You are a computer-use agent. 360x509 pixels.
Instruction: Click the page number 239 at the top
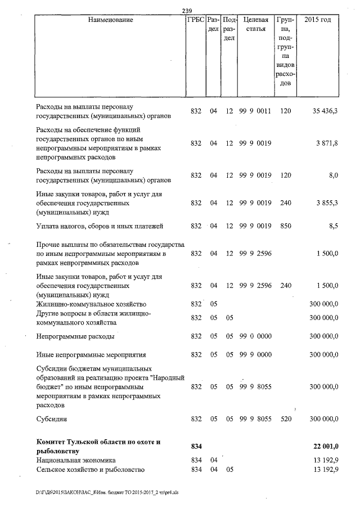pyautogui.click(x=188, y=10)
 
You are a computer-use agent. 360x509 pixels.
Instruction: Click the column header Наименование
pyautogui.click(x=111, y=20)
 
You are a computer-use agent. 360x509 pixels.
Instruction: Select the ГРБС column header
pyautogui.click(x=196, y=20)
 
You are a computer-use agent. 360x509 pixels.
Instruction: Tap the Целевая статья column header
pyautogui.click(x=255, y=24)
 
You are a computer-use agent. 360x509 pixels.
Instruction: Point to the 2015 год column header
pyautogui.click(x=317, y=20)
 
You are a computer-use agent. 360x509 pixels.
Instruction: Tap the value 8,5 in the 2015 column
pyautogui.click(x=332, y=226)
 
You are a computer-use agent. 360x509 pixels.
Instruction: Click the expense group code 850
pyautogui.click(x=285, y=226)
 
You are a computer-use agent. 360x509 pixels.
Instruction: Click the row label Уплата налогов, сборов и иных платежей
pyautogui.click(x=100, y=226)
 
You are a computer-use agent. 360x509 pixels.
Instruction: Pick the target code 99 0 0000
pyautogui.click(x=255, y=336)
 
